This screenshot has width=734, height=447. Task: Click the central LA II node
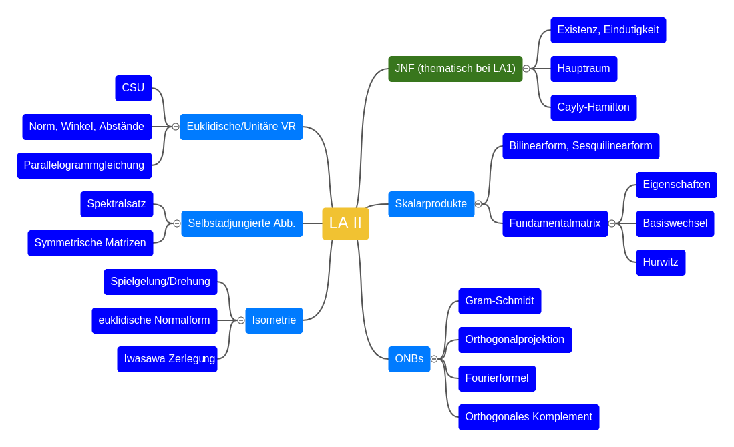pyautogui.click(x=345, y=223)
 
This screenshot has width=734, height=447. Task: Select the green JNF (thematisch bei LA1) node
pyautogui.click(x=455, y=69)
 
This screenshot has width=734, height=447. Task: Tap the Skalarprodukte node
pyautogui.click(x=431, y=204)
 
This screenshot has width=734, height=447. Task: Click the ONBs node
pyautogui.click(x=409, y=359)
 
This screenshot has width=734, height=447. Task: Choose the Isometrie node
pyautogui.click(x=274, y=320)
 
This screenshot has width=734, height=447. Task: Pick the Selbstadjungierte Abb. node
pyautogui.click(x=242, y=223)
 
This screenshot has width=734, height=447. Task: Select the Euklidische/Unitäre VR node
pyautogui.click(x=241, y=127)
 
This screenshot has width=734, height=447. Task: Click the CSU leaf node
pyautogui.click(x=133, y=88)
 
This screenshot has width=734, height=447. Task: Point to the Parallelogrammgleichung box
pyautogui.click(x=84, y=165)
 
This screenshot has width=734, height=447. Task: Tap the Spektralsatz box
pyautogui.click(x=116, y=204)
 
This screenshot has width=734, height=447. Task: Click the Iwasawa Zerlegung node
pyautogui.click(x=167, y=359)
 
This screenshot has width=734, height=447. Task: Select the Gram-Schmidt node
pyautogui.click(x=500, y=301)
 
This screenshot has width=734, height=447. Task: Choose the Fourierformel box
pyautogui.click(x=497, y=378)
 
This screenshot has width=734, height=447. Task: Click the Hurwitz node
pyautogui.click(x=661, y=262)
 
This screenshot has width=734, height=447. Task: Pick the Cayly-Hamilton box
pyautogui.click(x=593, y=107)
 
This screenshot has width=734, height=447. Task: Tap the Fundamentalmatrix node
pyautogui.click(x=554, y=223)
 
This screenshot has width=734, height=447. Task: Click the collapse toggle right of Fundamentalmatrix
pyautogui.click(x=612, y=223)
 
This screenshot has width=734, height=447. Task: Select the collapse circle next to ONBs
pyautogui.click(x=434, y=359)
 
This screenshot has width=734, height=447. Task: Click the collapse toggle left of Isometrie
pyautogui.click(x=241, y=320)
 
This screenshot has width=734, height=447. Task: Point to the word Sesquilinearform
pyautogui.click(x=612, y=146)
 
